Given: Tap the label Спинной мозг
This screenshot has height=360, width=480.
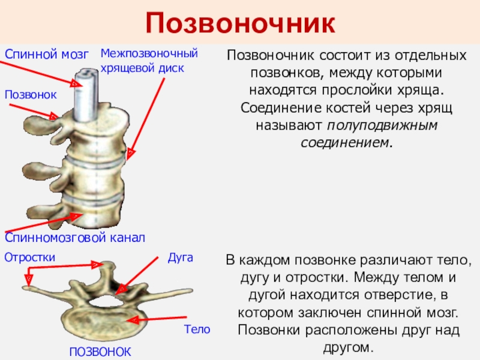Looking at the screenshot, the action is point(46,55).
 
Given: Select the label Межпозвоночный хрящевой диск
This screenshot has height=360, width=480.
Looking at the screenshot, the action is point(148,61).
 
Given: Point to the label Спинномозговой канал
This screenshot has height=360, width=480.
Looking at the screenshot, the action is point(75,238).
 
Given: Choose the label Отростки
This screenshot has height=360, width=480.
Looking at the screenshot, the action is point(30,257).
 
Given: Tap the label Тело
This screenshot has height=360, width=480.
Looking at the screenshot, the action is point(197,329).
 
